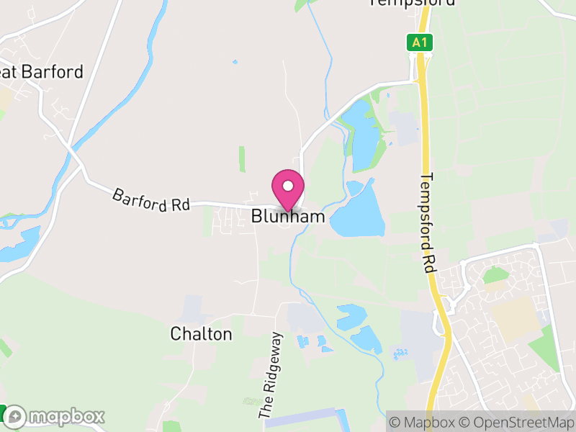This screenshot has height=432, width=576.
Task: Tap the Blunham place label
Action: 288,216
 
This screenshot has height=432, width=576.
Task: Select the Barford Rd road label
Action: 150,199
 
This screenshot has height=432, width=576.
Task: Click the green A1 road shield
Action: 420,42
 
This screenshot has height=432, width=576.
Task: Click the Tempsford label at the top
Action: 412,2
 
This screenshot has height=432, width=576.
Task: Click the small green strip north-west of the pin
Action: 242,159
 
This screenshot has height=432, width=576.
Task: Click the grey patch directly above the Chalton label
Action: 192,308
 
